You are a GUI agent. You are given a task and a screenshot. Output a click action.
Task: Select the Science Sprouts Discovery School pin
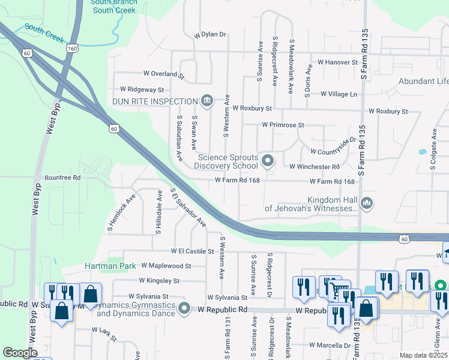(x=268, y=160)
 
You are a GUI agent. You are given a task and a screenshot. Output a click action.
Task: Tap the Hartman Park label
(x=109, y=265)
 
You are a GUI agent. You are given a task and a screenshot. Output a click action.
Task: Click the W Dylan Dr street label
(x=209, y=35)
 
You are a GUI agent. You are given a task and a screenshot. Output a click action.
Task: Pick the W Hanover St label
(x=337, y=62)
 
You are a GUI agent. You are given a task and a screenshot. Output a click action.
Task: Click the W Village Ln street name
(x=339, y=94)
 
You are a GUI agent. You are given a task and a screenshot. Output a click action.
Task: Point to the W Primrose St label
(x=283, y=125)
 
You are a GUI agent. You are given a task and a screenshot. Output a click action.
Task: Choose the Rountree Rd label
(x=62, y=178)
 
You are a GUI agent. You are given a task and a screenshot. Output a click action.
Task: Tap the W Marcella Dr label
(x=330, y=346)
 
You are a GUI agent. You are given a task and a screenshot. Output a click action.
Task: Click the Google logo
(x=20, y=353)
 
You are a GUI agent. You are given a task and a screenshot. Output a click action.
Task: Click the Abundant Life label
(x=423, y=82)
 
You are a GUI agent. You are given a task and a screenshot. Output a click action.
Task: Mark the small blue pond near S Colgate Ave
(x=423, y=152)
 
